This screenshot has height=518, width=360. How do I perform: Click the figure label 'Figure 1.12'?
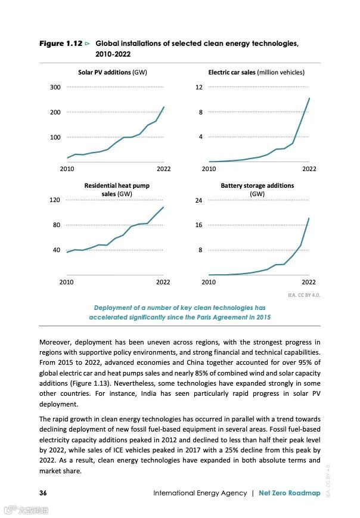pos(60,44)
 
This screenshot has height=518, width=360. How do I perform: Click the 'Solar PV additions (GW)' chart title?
pos(112,72)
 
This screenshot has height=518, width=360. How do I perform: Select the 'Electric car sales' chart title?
pos(256,72)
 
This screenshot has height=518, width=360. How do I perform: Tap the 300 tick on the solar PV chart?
pos(55,87)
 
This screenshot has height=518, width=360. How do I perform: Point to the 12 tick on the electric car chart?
pos(199,87)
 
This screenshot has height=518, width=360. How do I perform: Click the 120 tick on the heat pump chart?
pos(55,200)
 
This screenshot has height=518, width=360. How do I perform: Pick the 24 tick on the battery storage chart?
pos(199,200)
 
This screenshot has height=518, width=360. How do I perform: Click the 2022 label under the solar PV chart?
pos(163,169)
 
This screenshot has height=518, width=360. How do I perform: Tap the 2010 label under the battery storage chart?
pos(209,281)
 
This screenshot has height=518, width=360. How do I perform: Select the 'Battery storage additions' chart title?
pos(257,185)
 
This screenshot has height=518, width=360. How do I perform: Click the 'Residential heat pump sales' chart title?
pos(116,190)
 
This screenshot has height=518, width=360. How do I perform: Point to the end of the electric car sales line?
pos(309,98)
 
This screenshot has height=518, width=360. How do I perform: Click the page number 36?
pos(44,493)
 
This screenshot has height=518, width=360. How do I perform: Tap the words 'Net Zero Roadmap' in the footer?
pos(289,493)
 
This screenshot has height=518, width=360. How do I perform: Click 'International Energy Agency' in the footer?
pos(200,493)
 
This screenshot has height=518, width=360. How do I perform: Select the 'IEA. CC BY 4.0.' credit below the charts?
pos(304,294)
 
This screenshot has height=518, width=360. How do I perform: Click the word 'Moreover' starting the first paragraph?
pos(57,342)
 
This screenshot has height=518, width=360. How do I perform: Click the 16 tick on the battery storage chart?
pos(199,225)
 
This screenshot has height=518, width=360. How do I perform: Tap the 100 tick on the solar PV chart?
pos(55,137)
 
